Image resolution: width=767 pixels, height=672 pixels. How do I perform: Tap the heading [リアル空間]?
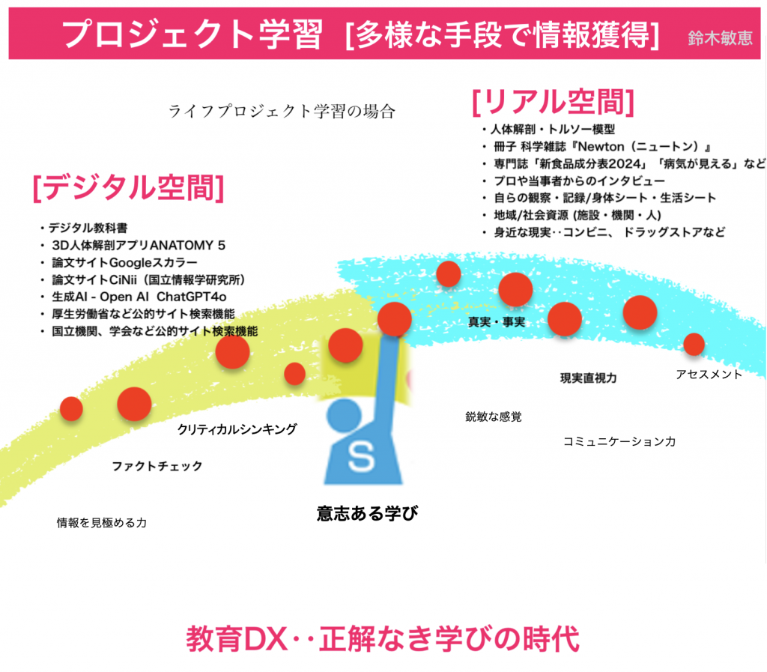point(553,102)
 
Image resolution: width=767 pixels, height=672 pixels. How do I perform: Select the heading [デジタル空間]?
point(128,188)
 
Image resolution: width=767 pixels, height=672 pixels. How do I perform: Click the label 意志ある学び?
point(366,513)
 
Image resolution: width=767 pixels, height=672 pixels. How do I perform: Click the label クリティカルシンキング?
point(237,429)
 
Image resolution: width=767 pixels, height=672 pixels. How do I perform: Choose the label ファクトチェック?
point(157,466)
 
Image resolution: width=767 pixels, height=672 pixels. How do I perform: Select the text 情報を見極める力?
point(102,522)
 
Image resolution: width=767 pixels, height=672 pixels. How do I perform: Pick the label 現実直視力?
point(589,378)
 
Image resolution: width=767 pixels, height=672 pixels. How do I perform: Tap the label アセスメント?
point(709,373)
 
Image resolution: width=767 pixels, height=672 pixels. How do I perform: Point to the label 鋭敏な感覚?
point(494,417)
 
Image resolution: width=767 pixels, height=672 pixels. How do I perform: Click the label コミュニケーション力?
point(619,441)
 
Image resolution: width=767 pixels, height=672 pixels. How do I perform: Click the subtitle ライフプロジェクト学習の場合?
point(281,113)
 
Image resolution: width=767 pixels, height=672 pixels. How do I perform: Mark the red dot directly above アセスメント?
point(694,344)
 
